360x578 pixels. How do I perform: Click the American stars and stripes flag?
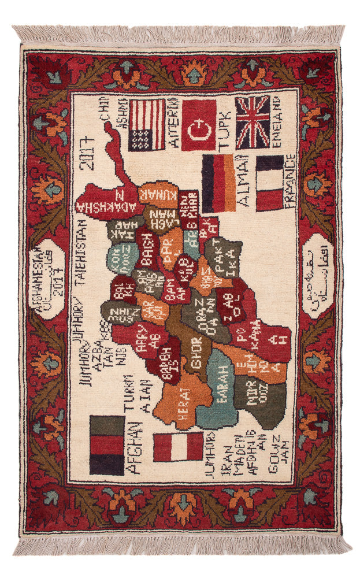[x=147, y=125]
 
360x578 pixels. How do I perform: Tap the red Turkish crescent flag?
[x=199, y=125]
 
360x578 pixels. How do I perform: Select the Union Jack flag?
[x=253, y=123]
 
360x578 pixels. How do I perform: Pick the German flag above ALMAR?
[x=218, y=183]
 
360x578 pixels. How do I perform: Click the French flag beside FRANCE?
[x=269, y=183]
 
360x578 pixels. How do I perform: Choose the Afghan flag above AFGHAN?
[x=107, y=444]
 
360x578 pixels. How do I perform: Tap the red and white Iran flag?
[x=178, y=446]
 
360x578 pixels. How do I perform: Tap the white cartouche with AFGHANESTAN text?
[x=49, y=272]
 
